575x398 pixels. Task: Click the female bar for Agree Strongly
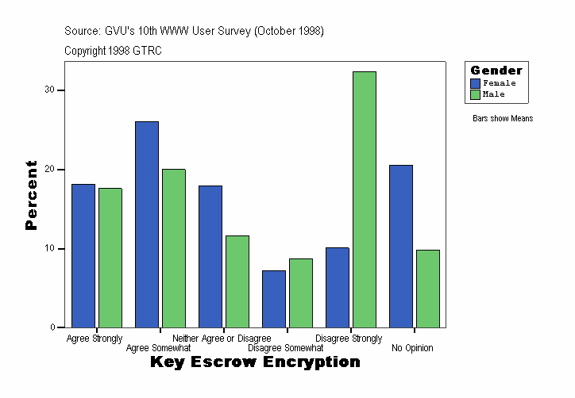(x=83, y=255)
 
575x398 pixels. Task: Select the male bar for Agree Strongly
(x=110, y=258)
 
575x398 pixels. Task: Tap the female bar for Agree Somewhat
(x=147, y=224)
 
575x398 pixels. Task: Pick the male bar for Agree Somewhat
(x=174, y=248)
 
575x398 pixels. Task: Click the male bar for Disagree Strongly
(x=365, y=199)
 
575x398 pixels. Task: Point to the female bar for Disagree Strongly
(x=338, y=287)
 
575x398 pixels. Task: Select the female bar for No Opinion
(x=401, y=246)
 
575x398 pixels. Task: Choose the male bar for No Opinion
(x=428, y=289)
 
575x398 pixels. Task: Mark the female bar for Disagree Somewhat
(x=274, y=299)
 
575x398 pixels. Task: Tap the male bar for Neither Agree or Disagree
(x=237, y=281)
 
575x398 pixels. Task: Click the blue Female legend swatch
(x=475, y=83)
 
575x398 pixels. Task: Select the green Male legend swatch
(x=475, y=94)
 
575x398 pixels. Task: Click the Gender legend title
(x=496, y=71)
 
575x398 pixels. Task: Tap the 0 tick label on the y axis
(x=52, y=327)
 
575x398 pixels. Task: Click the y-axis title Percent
(x=32, y=195)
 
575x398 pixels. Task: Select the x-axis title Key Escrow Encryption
(x=255, y=362)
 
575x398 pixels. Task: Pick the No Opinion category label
(x=413, y=348)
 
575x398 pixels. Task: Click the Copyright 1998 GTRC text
(x=114, y=50)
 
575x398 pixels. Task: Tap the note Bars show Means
(x=503, y=119)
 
